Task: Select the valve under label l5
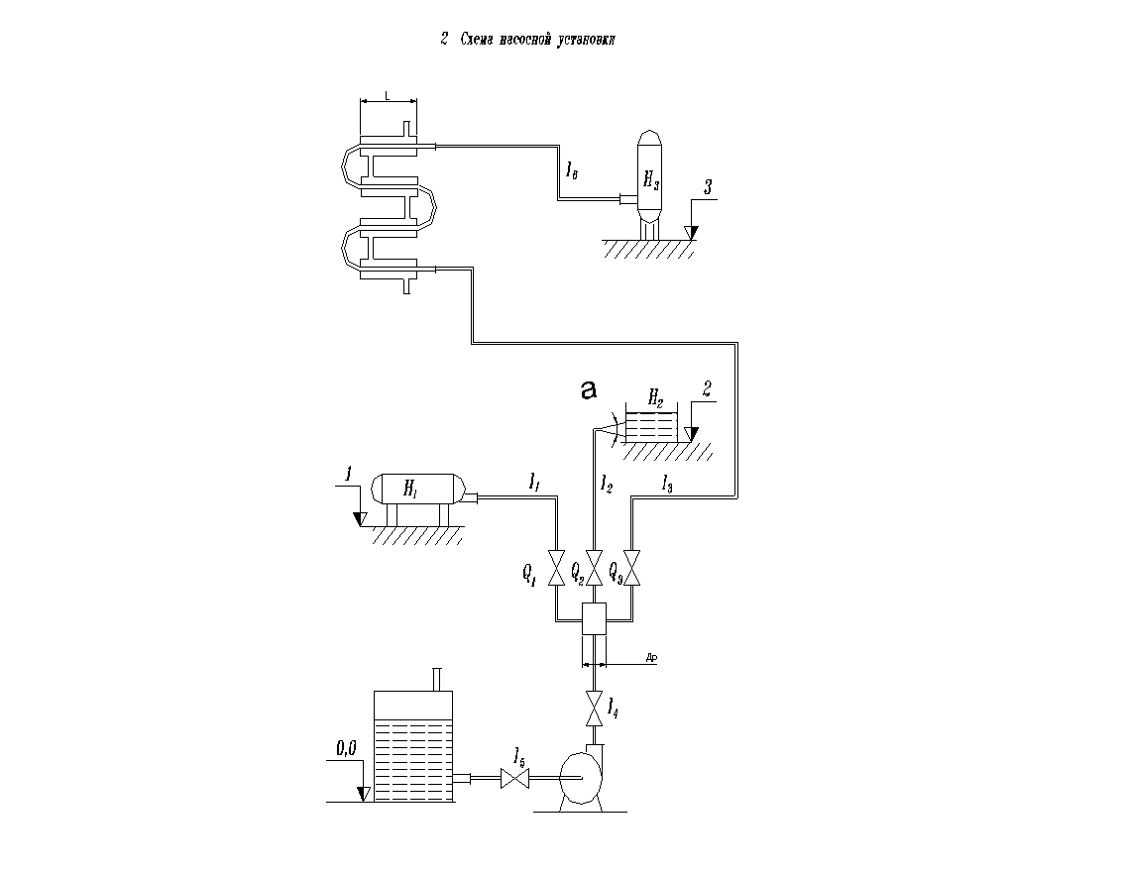[515, 780]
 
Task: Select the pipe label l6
[573, 171]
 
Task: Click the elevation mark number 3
[707, 187]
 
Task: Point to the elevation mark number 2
[707, 387]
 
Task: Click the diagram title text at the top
[529, 40]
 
